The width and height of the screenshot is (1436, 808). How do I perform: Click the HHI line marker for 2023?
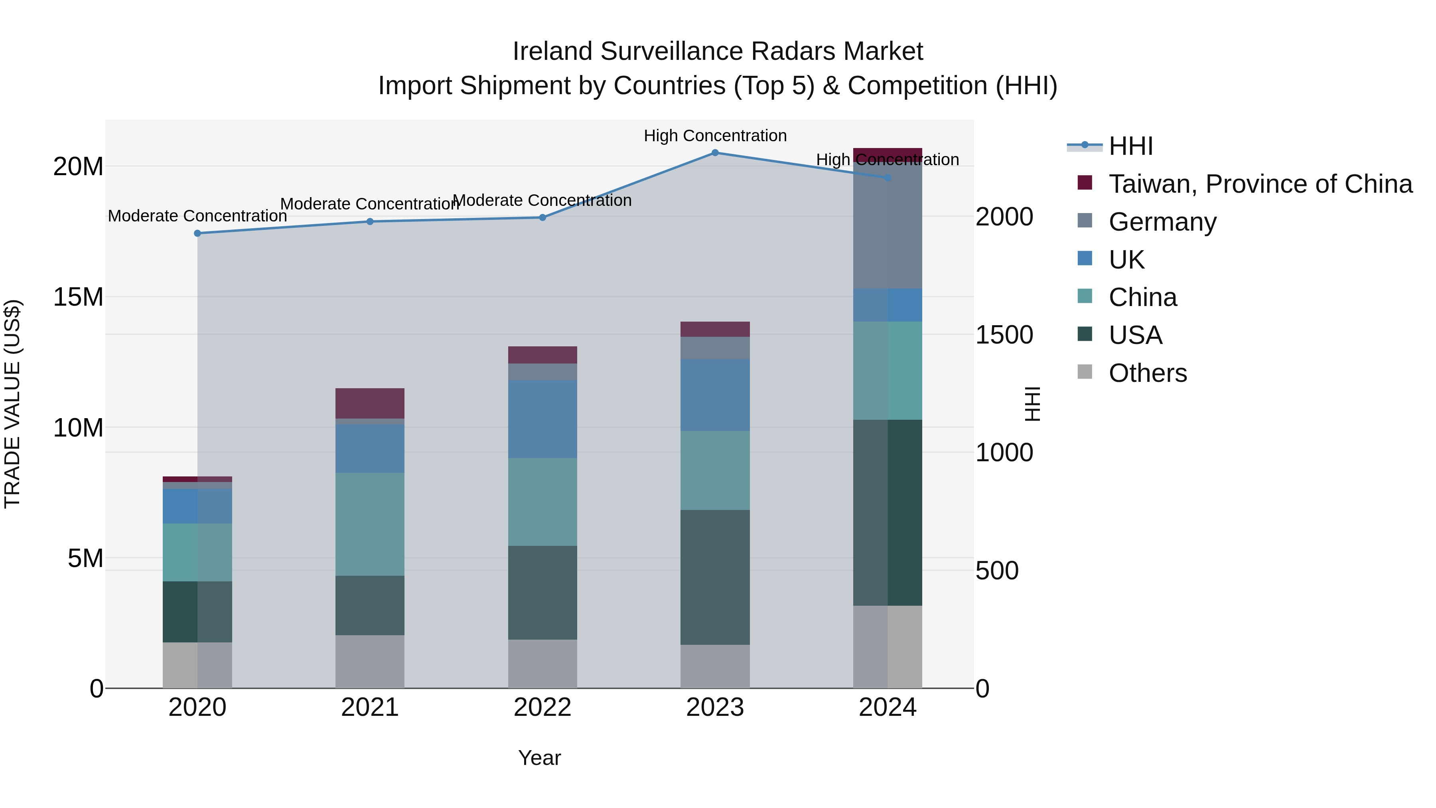(x=715, y=152)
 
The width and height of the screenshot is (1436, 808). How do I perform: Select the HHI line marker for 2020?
(x=197, y=233)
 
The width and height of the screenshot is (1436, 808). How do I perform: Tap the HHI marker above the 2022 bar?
(x=542, y=217)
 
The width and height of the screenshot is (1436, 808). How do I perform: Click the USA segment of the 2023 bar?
(x=715, y=577)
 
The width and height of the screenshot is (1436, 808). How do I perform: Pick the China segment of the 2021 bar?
(x=370, y=524)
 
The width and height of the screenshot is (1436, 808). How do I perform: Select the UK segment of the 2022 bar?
(x=542, y=419)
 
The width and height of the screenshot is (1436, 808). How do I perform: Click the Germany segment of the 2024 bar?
(x=888, y=226)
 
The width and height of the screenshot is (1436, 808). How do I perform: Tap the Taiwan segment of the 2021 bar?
(x=370, y=403)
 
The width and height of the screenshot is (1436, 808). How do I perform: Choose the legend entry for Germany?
(x=1162, y=222)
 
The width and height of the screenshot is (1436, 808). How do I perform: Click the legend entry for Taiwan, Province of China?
(x=1260, y=184)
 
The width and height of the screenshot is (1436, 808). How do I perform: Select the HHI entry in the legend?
(x=1130, y=146)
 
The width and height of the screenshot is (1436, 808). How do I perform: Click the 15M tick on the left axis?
(x=78, y=296)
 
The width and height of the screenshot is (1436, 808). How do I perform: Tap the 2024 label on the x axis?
(x=888, y=707)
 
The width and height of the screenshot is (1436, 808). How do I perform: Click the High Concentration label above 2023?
(x=715, y=136)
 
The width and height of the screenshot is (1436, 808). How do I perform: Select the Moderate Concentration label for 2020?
(x=197, y=216)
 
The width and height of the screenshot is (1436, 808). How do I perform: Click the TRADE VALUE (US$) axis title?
(x=12, y=404)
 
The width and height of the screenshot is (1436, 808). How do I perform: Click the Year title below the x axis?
(x=539, y=758)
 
